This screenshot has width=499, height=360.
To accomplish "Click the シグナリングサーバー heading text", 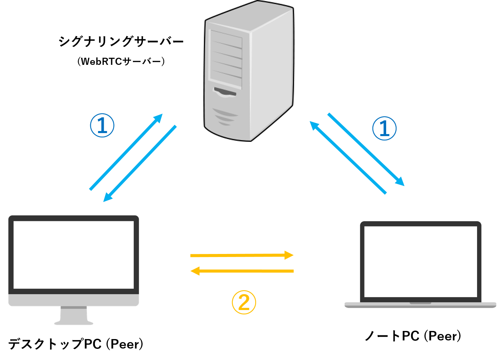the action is [x=121, y=42].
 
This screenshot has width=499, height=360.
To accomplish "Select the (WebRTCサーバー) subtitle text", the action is [x=121, y=61].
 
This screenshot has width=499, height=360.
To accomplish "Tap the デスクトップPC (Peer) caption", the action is [x=76, y=344].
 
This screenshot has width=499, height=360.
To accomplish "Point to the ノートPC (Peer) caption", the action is [x=413, y=336].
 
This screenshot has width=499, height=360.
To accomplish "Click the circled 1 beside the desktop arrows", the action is [x=102, y=126].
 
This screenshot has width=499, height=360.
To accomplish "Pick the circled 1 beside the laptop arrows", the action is [x=384, y=128].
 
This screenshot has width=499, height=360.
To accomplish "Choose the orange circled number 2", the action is [x=244, y=302].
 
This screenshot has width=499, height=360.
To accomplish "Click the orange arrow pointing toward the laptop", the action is [x=242, y=255].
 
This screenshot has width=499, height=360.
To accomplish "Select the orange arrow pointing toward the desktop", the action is [x=242, y=271].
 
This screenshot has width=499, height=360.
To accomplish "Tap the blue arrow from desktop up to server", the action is [x=126, y=152].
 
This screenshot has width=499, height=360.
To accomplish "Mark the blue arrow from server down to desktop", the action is [x=140, y=164].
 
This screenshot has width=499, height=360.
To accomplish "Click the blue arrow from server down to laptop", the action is [x=366, y=150].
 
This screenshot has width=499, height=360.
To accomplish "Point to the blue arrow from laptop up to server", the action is [x=348, y=158].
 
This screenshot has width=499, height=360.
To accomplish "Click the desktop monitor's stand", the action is [x=74, y=315].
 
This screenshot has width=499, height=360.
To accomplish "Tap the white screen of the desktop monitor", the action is [x=74, y=255].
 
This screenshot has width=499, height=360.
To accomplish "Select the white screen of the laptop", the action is [x=421, y=262].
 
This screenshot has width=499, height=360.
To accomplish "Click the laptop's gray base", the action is [x=420, y=305].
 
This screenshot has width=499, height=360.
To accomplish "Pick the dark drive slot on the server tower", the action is [x=225, y=92].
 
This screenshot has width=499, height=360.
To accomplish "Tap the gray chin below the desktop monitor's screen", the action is [x=74, y=300].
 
